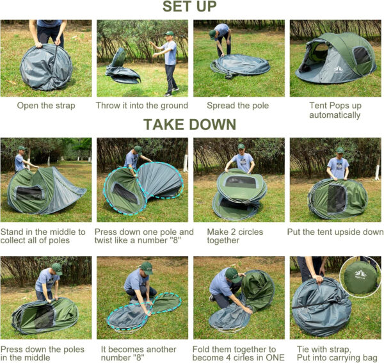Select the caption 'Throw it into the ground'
coord(142,106)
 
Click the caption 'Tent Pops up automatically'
coord(335,110)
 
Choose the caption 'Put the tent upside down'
coord(336,232)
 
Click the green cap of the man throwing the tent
coord(168,33)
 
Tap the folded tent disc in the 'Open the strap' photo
coord(46,67)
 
